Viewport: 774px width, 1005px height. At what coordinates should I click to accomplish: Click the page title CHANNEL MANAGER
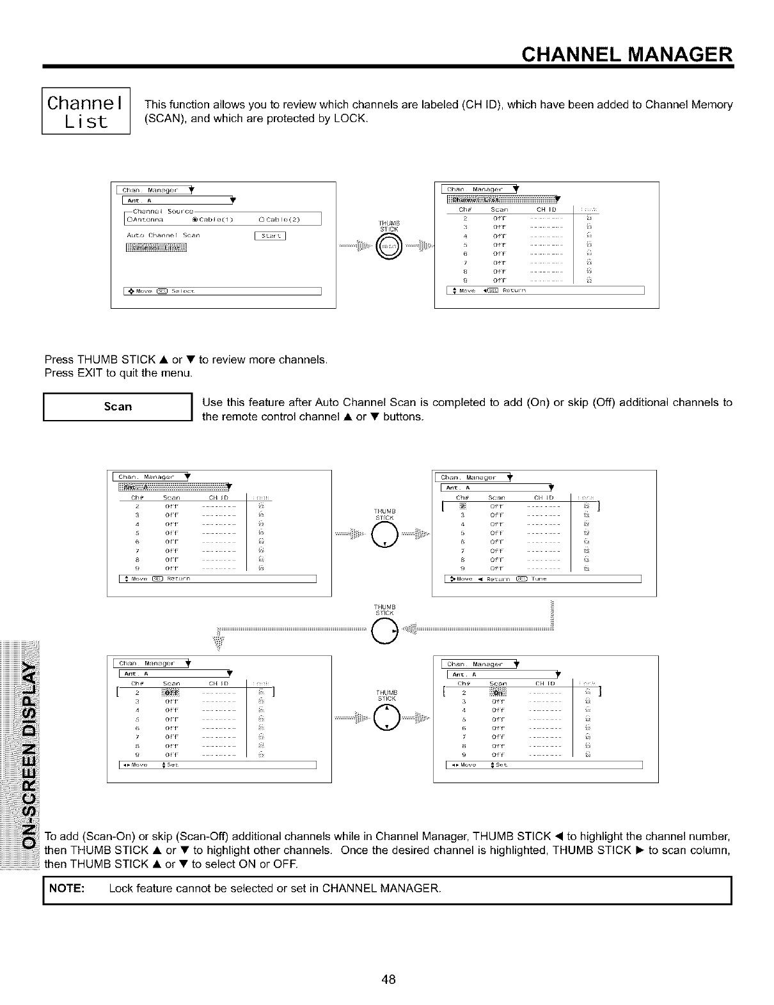click(626, 52)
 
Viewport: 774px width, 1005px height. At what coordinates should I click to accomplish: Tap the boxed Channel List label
click(86, 111)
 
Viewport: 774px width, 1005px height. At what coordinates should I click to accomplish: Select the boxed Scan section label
click(118, 407)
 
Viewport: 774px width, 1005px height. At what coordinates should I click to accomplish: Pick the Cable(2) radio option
click(280, 220)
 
